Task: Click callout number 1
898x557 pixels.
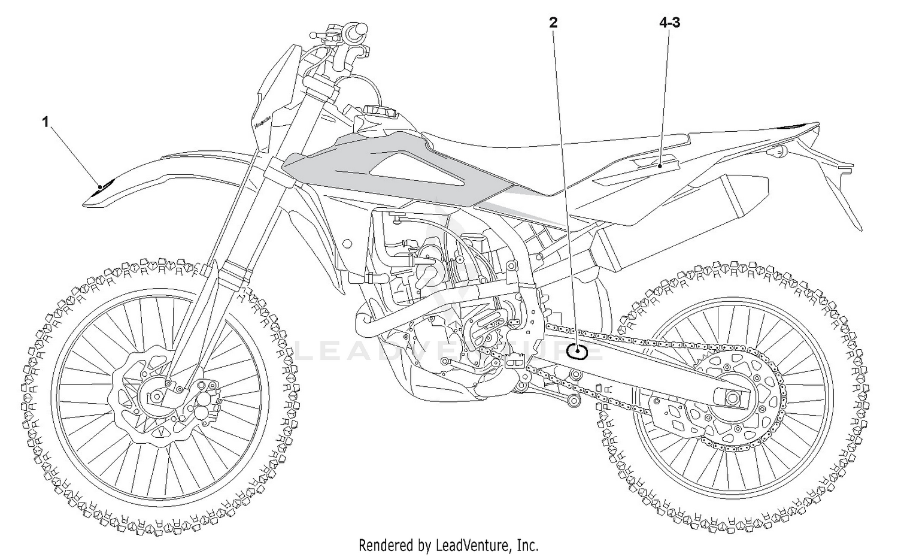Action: (x=45, y=122)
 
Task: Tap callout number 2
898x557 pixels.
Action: (x=553, y=23)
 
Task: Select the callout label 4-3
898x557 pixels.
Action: (x=669, y=23)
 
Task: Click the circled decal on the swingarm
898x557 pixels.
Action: (x=577, y=352)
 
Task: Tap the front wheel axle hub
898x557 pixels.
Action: (x=157, y=396)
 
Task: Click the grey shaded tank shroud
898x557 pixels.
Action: (x=383, y=168)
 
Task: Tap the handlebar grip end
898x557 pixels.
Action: (x=361, y=28)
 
